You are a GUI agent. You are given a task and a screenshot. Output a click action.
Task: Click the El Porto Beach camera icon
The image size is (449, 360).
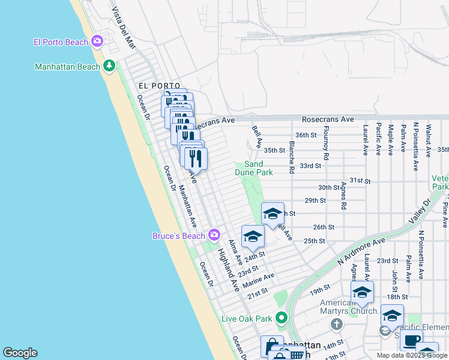97,41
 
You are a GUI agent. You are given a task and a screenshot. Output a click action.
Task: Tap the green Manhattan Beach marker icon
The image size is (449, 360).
109,66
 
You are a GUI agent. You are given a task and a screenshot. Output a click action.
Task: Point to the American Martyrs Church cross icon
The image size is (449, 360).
336,324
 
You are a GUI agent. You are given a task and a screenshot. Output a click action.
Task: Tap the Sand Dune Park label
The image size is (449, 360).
254,168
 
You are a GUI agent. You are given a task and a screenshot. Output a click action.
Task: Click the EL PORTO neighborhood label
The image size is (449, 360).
158,86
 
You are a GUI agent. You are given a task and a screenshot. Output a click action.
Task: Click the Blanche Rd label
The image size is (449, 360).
291,157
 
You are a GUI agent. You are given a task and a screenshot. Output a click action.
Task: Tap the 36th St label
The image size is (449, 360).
306,135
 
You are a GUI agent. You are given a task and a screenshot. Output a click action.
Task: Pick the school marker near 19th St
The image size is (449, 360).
362,293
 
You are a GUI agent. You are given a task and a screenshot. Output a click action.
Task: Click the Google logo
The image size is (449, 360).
20,353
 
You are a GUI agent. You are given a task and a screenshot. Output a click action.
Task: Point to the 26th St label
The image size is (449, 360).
323,227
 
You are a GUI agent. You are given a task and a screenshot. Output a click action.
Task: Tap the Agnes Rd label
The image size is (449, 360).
343,196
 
